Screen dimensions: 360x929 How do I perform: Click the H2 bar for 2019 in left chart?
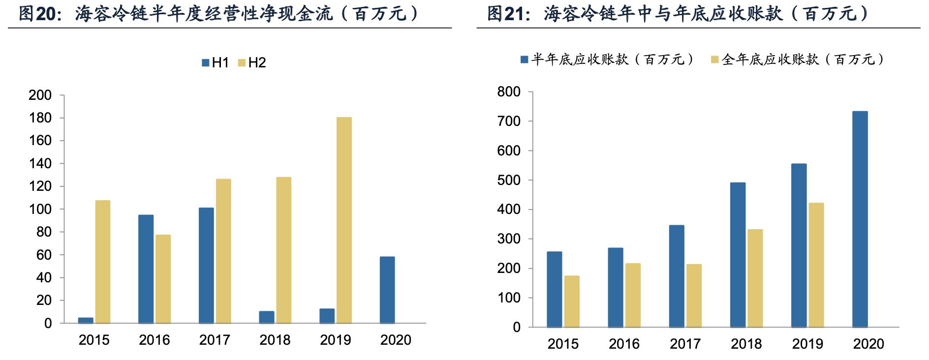pos(344,220)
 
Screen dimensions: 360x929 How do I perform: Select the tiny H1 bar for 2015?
pos(86,320)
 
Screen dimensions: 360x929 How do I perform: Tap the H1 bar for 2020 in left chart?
pos(387,290)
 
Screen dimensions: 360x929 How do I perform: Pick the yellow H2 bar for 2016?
pos(163,279)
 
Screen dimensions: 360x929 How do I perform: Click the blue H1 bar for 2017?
pos(206,265)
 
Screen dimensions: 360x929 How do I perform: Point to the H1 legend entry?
pos(216,63)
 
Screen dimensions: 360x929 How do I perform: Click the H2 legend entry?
pos(252,63)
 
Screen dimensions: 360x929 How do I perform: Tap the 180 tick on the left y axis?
pos(40,118)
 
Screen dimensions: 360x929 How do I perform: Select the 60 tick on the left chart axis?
pos(44,255)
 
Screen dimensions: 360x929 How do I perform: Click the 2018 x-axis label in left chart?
pos(275,340)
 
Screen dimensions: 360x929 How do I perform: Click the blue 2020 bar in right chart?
pos(860,219)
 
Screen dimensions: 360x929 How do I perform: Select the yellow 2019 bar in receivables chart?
pos(816,265)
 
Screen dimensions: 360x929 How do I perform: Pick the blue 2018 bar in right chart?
pos(738,255)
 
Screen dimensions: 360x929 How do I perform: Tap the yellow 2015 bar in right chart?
pos(572,301)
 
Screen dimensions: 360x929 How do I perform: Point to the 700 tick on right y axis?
pos(509,121)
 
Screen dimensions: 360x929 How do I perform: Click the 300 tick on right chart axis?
pos(509,239)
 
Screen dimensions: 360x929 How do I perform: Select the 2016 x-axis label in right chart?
pos(624,344)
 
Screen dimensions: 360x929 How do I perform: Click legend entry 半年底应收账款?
pos(608,60)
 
